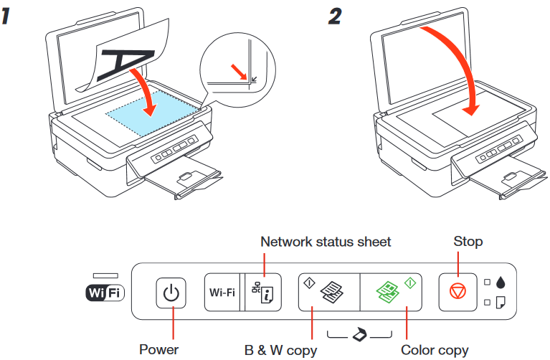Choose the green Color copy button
(x=389, y=293)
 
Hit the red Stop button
(x=457, y=293)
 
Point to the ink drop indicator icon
(x=501, y=281)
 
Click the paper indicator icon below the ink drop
(x=501, y=303)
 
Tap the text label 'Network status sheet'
(x=326, y=242)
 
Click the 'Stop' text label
(x=468, y=242)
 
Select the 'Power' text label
(x=159, y=350)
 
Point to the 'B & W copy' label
(x=276, y=350)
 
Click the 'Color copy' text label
(x=434, y=350)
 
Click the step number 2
(x=335, y=17)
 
